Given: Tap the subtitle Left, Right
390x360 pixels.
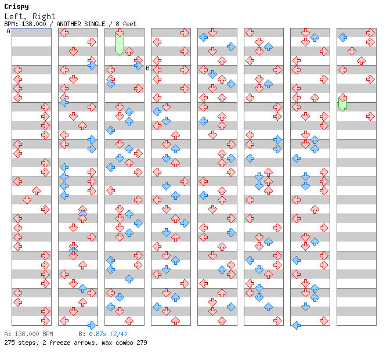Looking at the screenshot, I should [30, 16].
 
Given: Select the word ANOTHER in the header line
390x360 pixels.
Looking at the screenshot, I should [70, 24].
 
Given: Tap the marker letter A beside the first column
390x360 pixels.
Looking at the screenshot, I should [8, 31].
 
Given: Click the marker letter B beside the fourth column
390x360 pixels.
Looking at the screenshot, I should [147, 68].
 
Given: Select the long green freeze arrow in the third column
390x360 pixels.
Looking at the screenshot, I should [120, 43].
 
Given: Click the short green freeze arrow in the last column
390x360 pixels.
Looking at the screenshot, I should [343, 103].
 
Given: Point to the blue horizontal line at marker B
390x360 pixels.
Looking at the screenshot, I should [171, 65].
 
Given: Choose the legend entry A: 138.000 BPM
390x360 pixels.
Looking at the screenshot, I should [28, 334].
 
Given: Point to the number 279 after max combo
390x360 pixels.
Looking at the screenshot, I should [141, 343].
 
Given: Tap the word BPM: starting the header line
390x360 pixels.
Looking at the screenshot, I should [10, 24].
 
